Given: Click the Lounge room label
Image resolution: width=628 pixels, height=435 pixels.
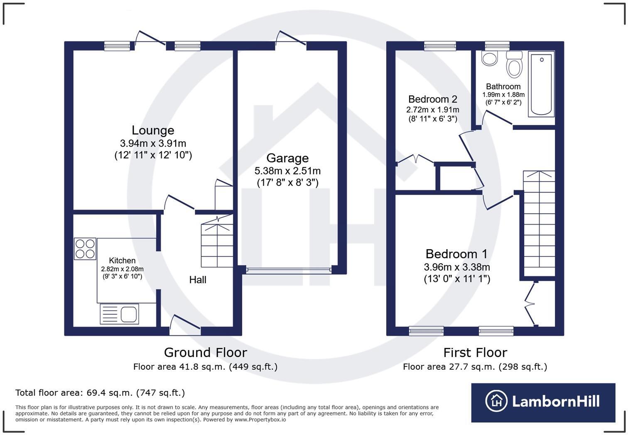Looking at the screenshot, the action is point(153,130).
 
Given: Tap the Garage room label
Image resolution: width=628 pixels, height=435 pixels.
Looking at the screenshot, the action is point(287,158).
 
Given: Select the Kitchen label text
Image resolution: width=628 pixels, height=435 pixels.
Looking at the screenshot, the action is point(122,261).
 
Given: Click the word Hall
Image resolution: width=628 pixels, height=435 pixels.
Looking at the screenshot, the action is point(198,279).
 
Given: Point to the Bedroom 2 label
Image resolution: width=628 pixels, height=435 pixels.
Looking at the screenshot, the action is point(433,99).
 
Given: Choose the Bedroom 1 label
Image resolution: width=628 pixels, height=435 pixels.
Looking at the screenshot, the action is point(456,254).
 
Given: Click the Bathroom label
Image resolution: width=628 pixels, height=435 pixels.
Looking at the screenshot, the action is point(503,87).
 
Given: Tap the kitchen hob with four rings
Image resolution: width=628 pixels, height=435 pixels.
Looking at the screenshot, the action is point(85,249).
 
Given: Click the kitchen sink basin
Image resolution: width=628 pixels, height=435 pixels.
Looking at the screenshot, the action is point(129,314).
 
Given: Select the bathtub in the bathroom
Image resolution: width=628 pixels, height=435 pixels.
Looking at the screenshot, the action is point(541,84).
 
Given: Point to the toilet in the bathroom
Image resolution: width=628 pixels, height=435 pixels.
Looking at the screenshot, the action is point(514,64).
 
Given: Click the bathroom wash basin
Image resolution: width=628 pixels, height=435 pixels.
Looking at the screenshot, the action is point(489,58).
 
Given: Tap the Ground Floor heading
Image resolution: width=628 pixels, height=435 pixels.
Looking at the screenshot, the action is point(206,353).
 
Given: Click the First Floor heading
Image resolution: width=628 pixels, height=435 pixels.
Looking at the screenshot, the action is point(475,353).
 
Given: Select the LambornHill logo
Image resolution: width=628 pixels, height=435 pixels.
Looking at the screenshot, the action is point(543,403).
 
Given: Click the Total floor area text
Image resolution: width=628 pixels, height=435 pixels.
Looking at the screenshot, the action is point(100,393).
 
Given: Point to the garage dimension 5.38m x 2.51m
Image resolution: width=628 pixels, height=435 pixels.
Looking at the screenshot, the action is point(287,171).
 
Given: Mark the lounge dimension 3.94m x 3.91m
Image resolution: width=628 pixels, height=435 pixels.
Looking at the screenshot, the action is point(153,144).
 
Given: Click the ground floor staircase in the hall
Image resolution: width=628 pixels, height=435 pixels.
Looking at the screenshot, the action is point(217,242).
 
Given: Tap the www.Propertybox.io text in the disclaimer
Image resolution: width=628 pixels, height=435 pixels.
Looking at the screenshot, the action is point(260,420).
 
